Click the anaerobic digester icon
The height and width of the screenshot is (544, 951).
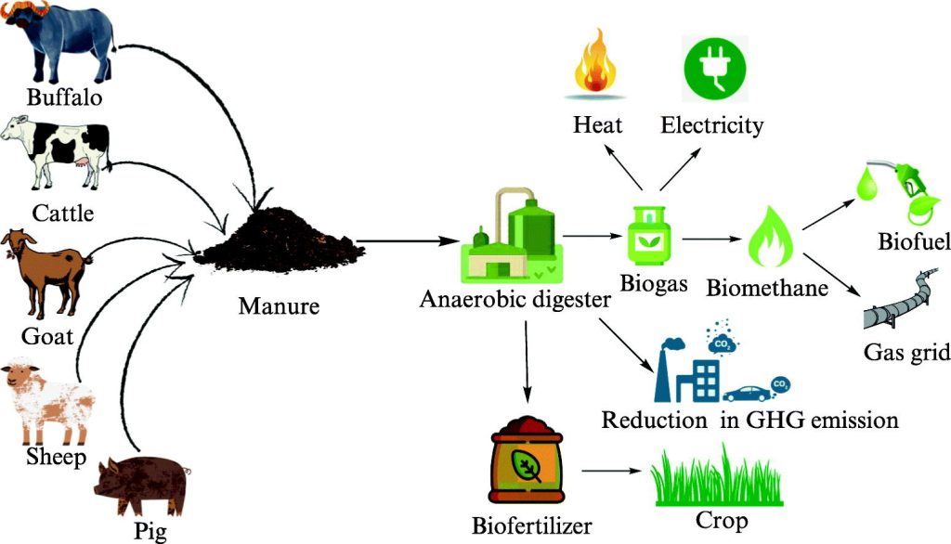click(x=511, y=237)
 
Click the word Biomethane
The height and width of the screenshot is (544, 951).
click(x=767, y=289)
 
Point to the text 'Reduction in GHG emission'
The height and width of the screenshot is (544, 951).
click(x=749, y=420)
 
